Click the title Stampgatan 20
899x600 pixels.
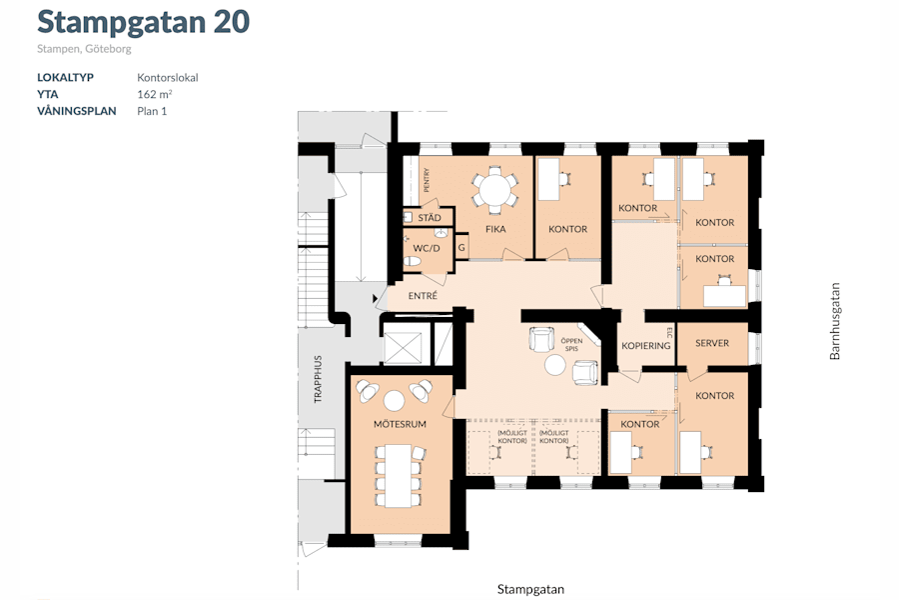pos(143,22)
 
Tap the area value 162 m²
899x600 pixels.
pos(155,94)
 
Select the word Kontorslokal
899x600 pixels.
pos(168,77)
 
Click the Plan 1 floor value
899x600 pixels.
pos(152,111)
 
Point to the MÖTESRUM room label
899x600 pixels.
pos(400,425)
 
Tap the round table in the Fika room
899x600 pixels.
pos(494,189)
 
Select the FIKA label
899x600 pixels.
pos(495,229)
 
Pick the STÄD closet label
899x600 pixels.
pos(430,217)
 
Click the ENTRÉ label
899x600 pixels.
pos(424,296)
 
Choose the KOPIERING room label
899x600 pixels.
pos(645,345)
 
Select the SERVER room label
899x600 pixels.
pos(712,343)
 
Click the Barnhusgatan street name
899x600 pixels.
pos(836,320)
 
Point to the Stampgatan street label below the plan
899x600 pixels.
pos(530,589)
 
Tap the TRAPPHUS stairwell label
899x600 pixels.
pos(319,378)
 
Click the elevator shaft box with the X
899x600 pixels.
pos(404,346)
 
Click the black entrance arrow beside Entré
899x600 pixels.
pos(376,298)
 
